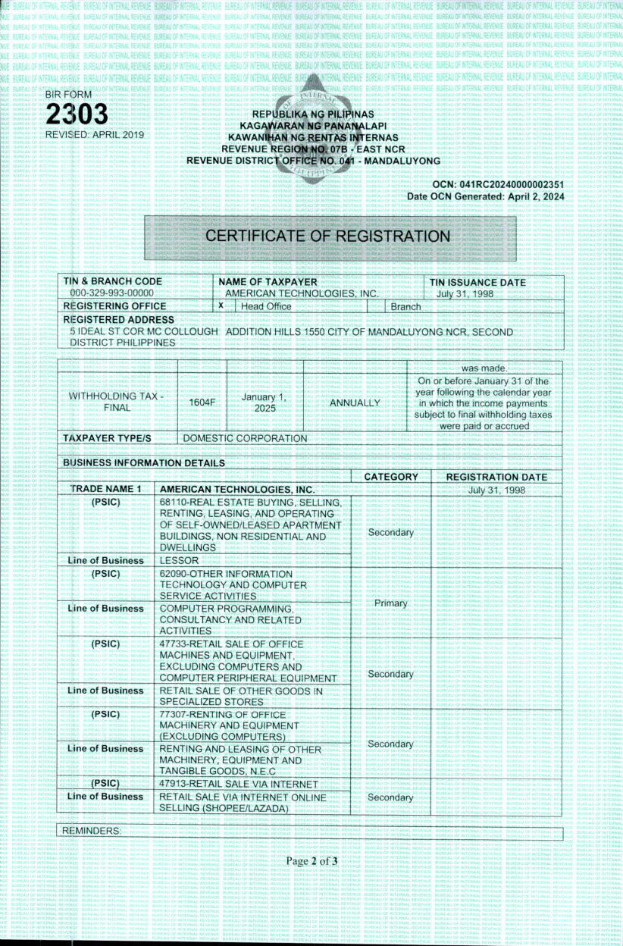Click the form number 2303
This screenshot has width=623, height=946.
click(x=77, y=114)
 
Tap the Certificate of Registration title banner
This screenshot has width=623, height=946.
click(x=328, y=236)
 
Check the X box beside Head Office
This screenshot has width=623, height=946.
click(x=221, y=305)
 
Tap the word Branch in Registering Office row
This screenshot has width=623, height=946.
click(x=405, y=306)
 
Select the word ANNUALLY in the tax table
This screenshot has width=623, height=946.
click(x=354, y=403)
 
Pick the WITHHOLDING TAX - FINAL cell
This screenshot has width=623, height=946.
click(x=117, y=402)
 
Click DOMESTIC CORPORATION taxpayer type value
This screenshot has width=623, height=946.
click(x=245, y=438)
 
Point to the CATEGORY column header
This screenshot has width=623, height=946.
click(x=391, y=477)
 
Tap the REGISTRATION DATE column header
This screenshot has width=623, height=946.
click(x=496, y=477)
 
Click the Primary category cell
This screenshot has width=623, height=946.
click(x=390, y=603)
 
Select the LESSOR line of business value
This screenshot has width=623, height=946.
click(x=179, y=560)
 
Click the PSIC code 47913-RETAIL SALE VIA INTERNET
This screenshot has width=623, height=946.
click(x=238, y=783)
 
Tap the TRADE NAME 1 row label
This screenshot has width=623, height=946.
click(x=105, y=489)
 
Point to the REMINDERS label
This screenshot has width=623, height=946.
click(x=91, y=831)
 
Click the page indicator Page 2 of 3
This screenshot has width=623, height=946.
click(x=311, y=861)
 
